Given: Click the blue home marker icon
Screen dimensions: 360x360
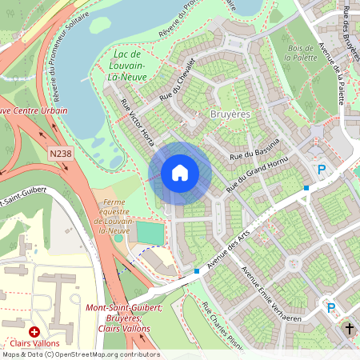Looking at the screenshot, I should [180, 172].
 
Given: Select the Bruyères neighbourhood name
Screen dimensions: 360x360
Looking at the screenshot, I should [230, 115].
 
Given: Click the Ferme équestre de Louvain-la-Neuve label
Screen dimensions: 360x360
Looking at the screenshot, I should [123, 217].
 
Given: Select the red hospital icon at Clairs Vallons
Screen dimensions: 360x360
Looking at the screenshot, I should [34, 331].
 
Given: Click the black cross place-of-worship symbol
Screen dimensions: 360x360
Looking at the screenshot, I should [350, 328].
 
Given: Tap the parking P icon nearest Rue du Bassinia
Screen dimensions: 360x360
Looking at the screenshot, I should [322, 170].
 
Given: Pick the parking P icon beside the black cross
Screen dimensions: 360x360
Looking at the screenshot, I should [330, 306].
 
